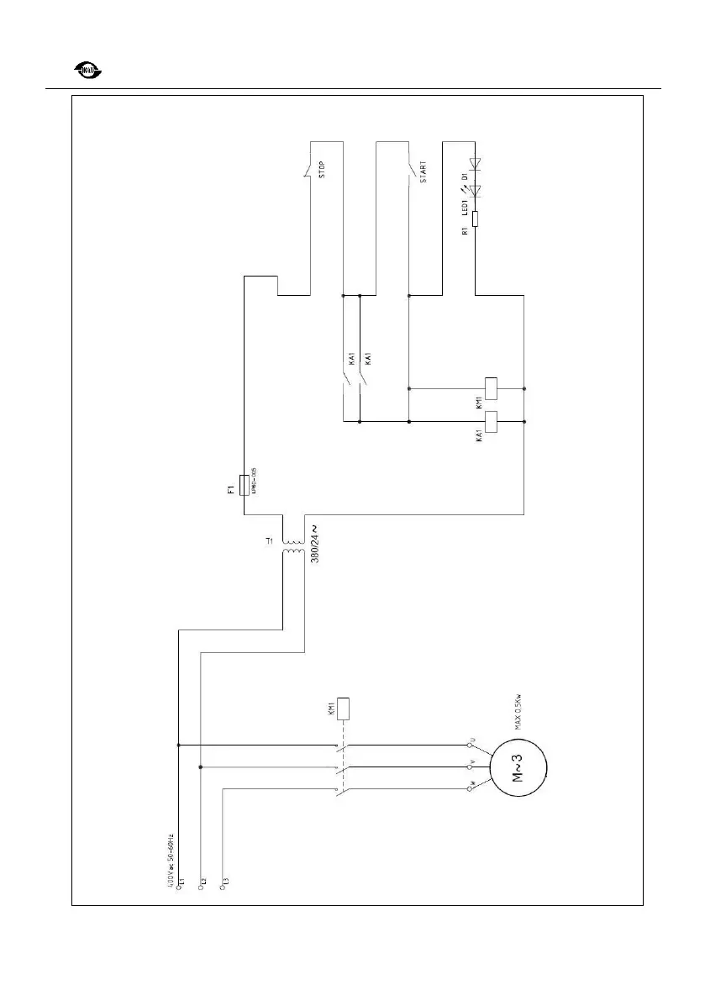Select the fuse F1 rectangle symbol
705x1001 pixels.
click(x=244, y=486)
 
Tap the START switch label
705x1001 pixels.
click(x=423, y=171)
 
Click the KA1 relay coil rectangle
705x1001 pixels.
click(x=494, y=421)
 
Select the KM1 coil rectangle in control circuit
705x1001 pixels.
click(x=494, y=388)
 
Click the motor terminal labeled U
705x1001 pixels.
click(x=470, y=745)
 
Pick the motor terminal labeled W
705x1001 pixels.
click(x=470, y=788)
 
